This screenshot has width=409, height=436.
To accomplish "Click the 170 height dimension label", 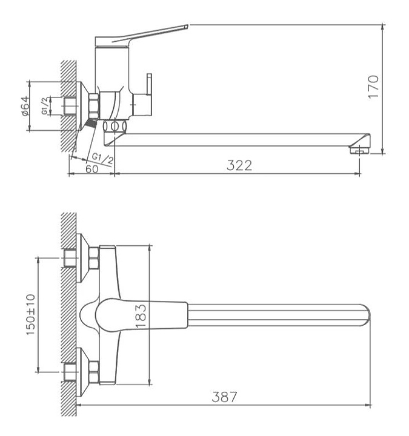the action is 373,87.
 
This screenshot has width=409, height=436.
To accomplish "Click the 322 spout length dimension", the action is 239,165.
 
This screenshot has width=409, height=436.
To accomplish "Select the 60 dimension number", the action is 92,169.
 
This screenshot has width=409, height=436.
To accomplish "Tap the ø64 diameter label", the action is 25,105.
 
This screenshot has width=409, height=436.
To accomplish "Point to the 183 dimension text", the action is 141,315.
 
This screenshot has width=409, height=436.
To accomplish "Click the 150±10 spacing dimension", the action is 31,314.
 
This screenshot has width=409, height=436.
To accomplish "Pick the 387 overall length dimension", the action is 225,397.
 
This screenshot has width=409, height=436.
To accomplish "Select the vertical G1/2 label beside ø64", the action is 44,106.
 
